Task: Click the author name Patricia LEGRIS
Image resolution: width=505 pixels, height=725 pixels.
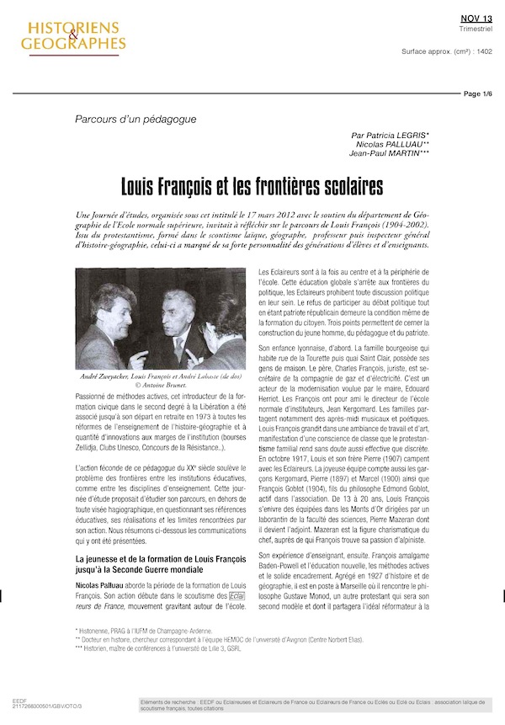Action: click(390, 136)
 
